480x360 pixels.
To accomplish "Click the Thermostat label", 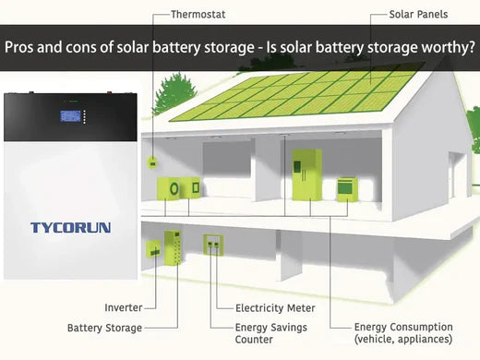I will point(198,14).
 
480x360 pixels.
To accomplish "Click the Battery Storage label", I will point(104,328).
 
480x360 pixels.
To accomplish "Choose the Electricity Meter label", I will point(275,307).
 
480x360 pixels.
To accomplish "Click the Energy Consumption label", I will point(403,327).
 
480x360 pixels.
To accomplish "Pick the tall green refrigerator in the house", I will point(306,174).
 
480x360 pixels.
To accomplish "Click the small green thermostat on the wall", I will point(152,162).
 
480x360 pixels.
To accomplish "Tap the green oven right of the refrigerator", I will point(346,188).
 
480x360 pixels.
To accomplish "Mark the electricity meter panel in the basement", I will point(213,247).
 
